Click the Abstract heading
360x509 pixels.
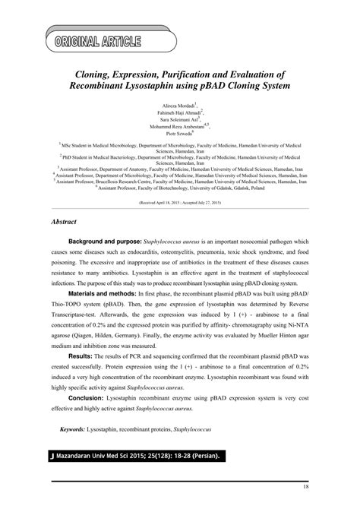tap(68, 225)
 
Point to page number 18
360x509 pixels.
tap(305, 486)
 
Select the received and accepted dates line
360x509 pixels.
tap(179, 204)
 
